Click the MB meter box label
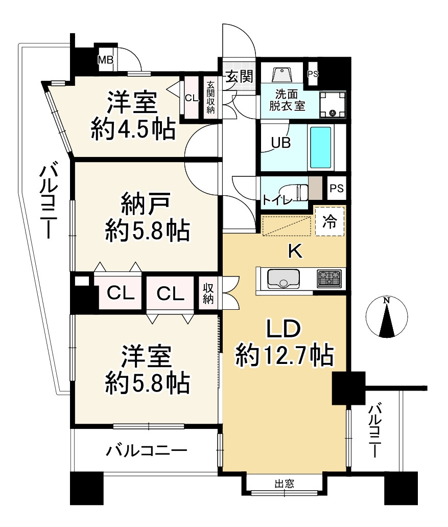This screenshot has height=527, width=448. (x=105, y=60)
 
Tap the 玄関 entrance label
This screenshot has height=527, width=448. (x=239, y=77)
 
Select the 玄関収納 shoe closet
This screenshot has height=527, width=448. (x=210, y=97)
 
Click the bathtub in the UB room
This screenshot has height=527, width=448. (x=320, y=147)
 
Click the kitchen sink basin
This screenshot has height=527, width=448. (x=283, y=279)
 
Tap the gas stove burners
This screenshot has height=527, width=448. (x=329, y=279)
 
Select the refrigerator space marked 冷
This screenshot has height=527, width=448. (x=330, y=221)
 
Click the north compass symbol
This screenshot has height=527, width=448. (x=387, y=316)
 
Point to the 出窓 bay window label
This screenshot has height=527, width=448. (x=285, y=484)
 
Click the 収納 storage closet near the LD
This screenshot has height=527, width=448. (x=208, y=294)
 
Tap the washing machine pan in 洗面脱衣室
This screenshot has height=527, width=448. (x=333, y=104)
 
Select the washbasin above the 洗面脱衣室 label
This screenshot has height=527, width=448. (x=282, y=75)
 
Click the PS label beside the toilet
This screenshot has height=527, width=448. (x=337, y=188)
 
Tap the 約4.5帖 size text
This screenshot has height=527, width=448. (x=133, y=129)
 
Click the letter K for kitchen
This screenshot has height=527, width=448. (x=296, y=251)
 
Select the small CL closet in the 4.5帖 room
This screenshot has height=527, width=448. (x=192, y=98)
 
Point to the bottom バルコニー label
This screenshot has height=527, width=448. (x=147, y=450)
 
